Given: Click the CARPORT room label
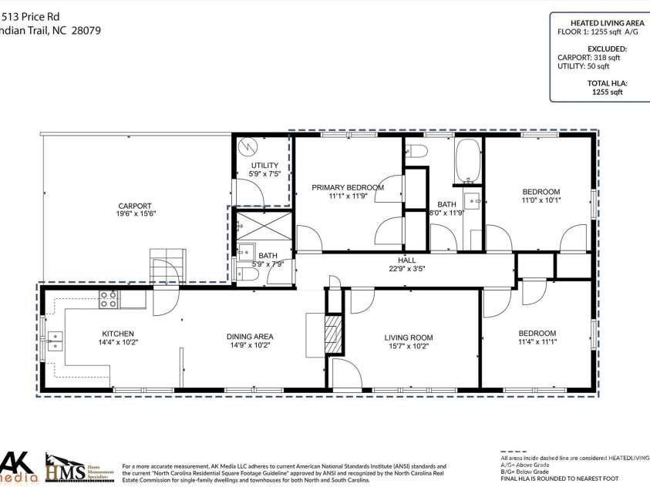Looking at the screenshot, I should [x=135, y=206].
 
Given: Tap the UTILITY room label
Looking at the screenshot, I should [x=264, y=166].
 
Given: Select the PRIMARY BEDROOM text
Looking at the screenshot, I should [x=347, y=187].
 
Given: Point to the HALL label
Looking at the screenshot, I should [x=406, y=260].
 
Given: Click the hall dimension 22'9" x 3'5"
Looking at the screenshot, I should [x=406, y=269].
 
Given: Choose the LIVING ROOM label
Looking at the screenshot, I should [x=409, y=338].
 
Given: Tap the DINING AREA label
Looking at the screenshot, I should [x=250, y=336].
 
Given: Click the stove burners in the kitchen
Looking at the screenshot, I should [x=108, y=299].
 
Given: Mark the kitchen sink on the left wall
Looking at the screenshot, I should [x=54, y=341].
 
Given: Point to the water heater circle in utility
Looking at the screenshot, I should [x=249, y=146].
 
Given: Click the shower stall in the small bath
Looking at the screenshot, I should [x=263, y=227].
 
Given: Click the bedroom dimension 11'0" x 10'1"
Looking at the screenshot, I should [x=541, y=201].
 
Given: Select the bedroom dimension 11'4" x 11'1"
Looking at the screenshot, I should [x=537, y=343].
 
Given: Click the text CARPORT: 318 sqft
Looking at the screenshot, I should [x=588, y=58].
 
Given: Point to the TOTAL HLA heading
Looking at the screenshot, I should [x=607, y=82].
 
